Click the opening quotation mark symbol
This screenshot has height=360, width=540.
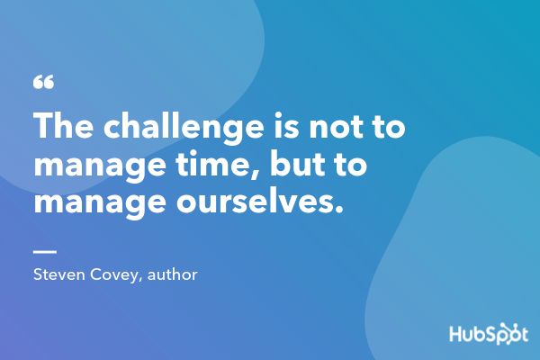[x=43, y=83]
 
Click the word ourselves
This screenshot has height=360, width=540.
[x=254, y=202]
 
